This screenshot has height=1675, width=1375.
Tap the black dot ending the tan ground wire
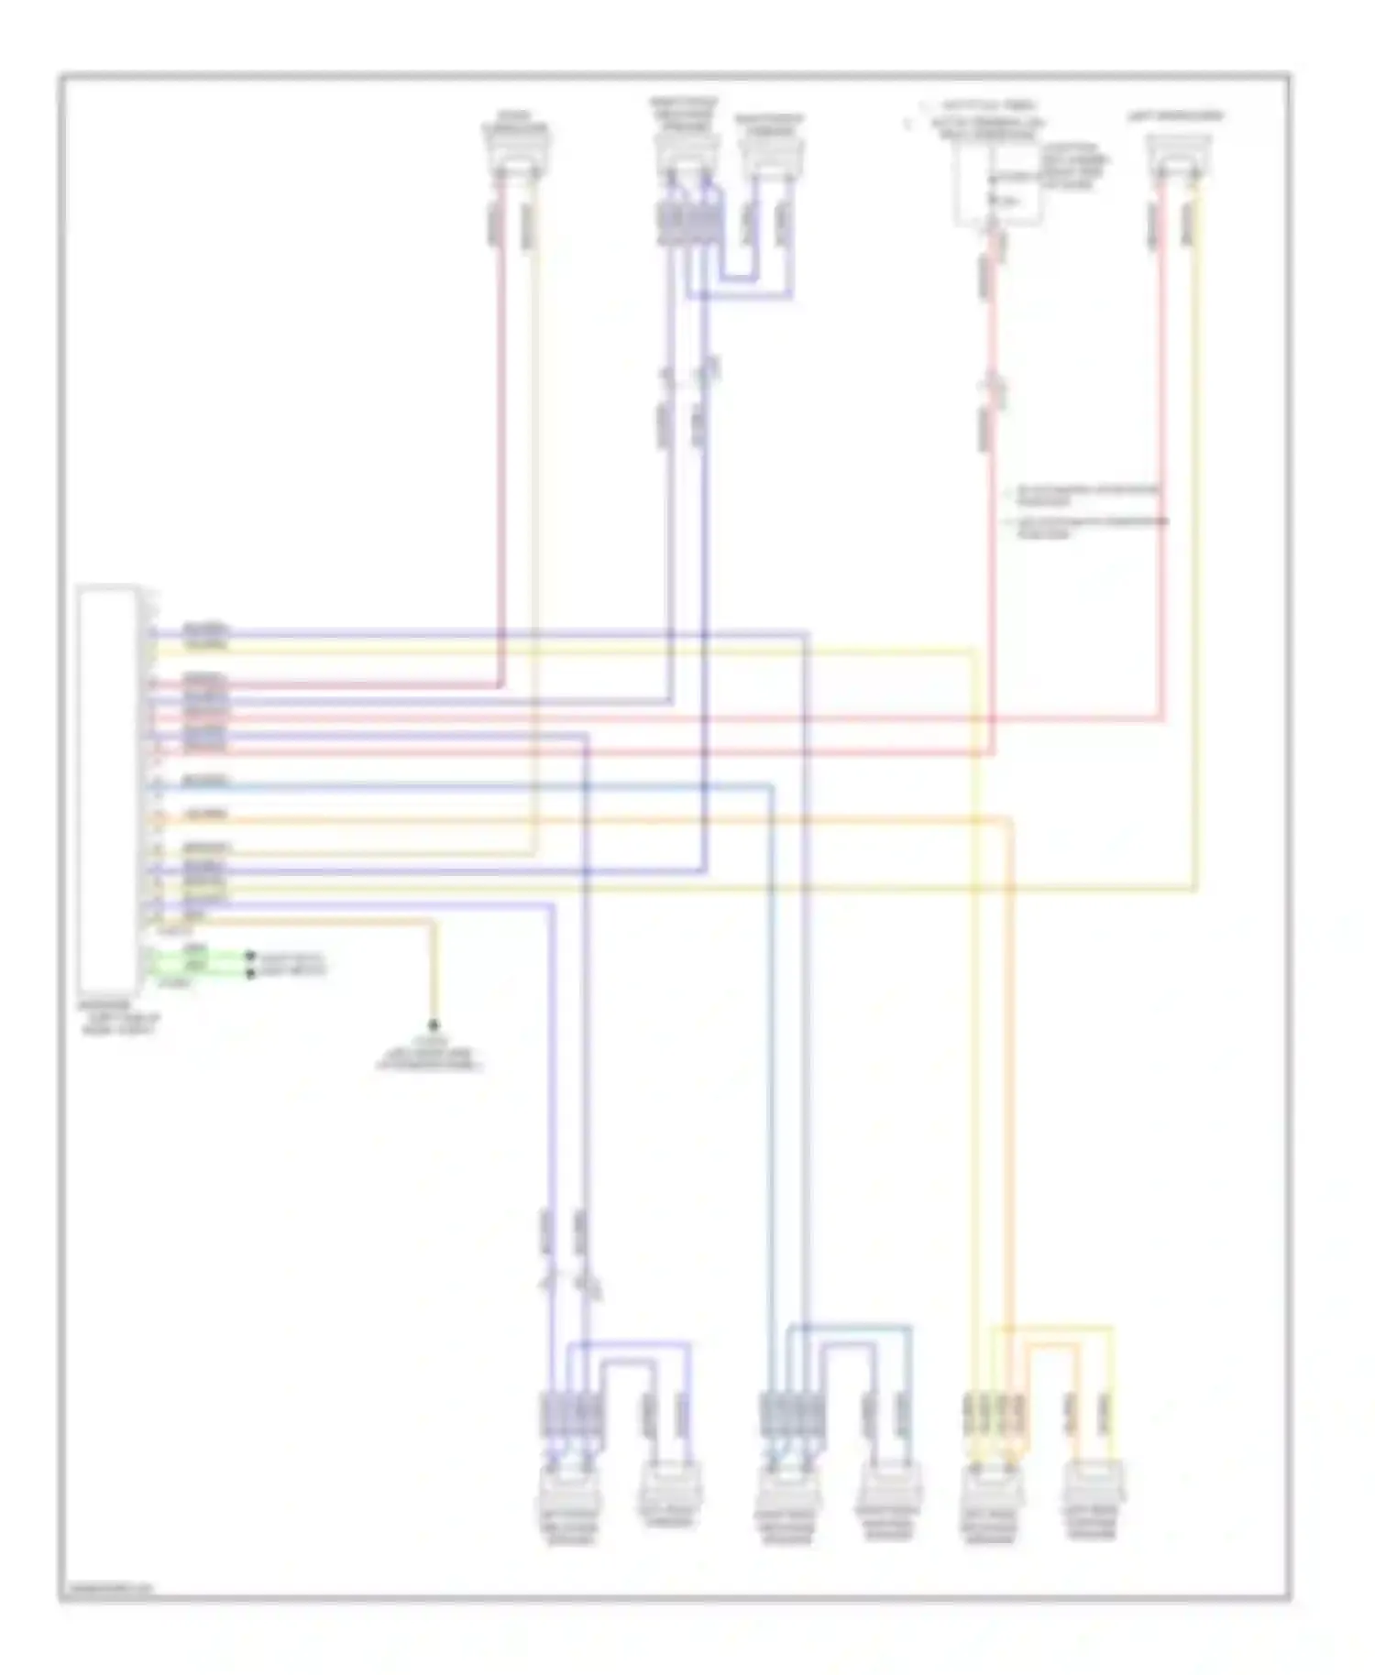click(x=434, y=1024)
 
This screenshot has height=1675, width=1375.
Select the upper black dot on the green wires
click(x=250, y=956)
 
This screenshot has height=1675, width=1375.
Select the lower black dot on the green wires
click(x=250, y=971)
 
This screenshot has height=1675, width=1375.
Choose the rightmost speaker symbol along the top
click(x=1180, y=155)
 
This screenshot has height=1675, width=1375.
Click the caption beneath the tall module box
click(x=119, y=1021)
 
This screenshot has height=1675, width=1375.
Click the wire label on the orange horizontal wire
click(x=205, y=814)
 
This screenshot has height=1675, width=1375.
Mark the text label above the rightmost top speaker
click(x=1175, y=116)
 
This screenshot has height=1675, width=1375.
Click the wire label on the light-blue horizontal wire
click(x=205, y=781)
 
